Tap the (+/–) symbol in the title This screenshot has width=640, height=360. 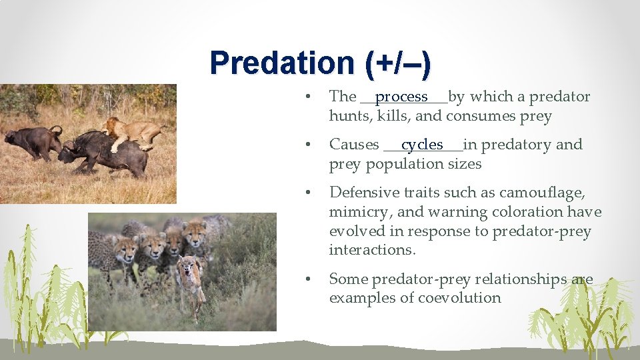(x=397, y=63)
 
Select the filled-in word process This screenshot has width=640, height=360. (x=401, y=97)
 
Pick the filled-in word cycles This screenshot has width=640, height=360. (x=422, y=145)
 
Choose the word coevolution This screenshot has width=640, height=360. (x=459, y=298)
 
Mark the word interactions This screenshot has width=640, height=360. (x=371, y=250)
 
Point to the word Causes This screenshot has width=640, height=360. (x=354, y=145)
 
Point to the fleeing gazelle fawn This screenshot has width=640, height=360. (x=190, y=280)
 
